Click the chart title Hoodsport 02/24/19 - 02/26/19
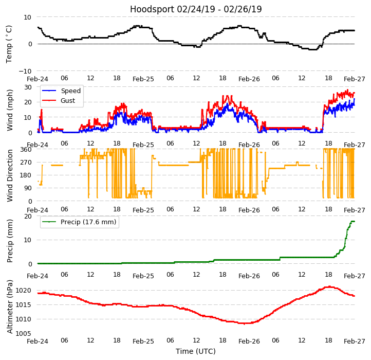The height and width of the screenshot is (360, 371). pyautogui.click(x=196, y=9)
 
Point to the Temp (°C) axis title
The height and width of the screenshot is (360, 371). pyautogui.click(x=9, y=44)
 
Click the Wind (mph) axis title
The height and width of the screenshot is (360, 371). pyautogui.click(x=10, y=110)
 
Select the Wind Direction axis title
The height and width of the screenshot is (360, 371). pyautogui.click(x=10, y=175)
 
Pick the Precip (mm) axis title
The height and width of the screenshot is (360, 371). pyautogui.click(x=10, y=240)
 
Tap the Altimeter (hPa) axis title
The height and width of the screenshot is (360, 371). pyautogui.click(x=10, y=307)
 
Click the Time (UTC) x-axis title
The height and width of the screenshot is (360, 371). pyautogui.click(x=196, y=352)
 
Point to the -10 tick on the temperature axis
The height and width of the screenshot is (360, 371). pyautogui.click(x=26, y=71)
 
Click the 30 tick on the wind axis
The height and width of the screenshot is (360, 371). pyautogui.click(x=28, y=87)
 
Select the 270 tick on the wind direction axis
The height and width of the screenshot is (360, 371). pyautogui.click(x=25, y=163)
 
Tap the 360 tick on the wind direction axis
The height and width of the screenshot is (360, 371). pyautogui.click(x=25, y=150)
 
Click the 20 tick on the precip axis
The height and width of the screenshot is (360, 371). pyautogui.click(x=28, y=217)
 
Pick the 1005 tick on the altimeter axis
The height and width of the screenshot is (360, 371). pyautogui.click(x=24, y=334)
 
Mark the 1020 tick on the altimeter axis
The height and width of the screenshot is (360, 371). pyautogui.click(x=24, y=291)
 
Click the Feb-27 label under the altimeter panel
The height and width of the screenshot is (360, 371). pyautogui.click(x=355, y=341)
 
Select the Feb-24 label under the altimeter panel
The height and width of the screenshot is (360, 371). pyautogui.click(x=38, y=341)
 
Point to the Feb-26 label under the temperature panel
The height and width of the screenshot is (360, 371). pyautogui.click(x=249, y=79)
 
